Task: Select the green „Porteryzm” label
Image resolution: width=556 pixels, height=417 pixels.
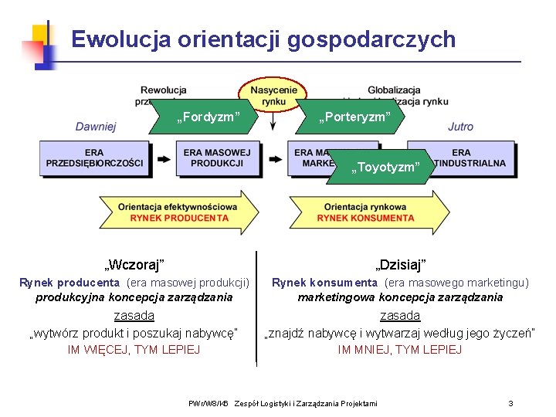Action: tap(351, 117)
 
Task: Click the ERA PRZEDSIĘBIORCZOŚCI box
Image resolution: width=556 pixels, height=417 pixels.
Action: tap(94, 158)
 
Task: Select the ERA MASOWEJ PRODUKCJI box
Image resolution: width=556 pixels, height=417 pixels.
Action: tap(217, 158)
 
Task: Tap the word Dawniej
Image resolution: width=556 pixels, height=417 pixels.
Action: tap(96, 127)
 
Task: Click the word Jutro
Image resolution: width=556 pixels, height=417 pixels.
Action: tap(461, 127)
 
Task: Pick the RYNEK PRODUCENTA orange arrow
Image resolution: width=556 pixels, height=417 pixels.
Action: tap(179, 212)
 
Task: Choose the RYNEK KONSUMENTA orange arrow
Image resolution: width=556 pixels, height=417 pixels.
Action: tap(365, 212)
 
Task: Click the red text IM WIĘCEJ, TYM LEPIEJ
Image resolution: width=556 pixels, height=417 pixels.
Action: tap(134, 350)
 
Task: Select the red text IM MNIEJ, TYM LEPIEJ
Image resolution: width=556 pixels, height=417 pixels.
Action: tap(400, 350)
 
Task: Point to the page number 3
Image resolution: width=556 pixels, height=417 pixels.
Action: tap(510, 403)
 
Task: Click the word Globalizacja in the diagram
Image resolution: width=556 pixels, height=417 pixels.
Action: tap(394, 90)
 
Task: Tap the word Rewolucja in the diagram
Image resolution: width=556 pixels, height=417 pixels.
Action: tap(164, 90)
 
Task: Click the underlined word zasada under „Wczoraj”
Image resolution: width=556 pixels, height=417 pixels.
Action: tap(134, 315)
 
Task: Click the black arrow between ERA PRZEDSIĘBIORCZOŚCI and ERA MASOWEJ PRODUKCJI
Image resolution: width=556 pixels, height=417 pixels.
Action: tap(163, 158)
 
